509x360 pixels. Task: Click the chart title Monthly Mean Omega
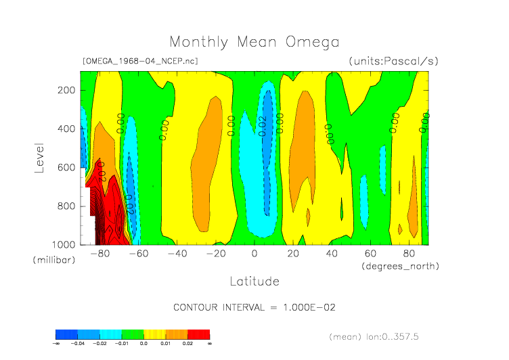[x=254, y=42]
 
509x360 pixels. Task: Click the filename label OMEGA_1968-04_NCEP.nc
[x=139, y=61]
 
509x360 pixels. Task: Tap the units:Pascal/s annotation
[x=393, y=61]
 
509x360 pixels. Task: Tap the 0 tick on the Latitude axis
[x=255, y=254]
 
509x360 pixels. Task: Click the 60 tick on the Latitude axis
[x=370, y=254]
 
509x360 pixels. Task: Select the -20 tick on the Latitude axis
[x=215, y=254]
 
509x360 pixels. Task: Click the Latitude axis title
[x=254, y=280]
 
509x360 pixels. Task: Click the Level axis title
[x=39, y=156]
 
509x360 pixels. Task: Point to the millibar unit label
[x=53, y=260]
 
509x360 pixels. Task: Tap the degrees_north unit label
[x=400, y=266]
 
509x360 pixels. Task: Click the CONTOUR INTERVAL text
[x=255, y=307]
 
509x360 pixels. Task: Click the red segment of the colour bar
[x=199, y=334]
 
